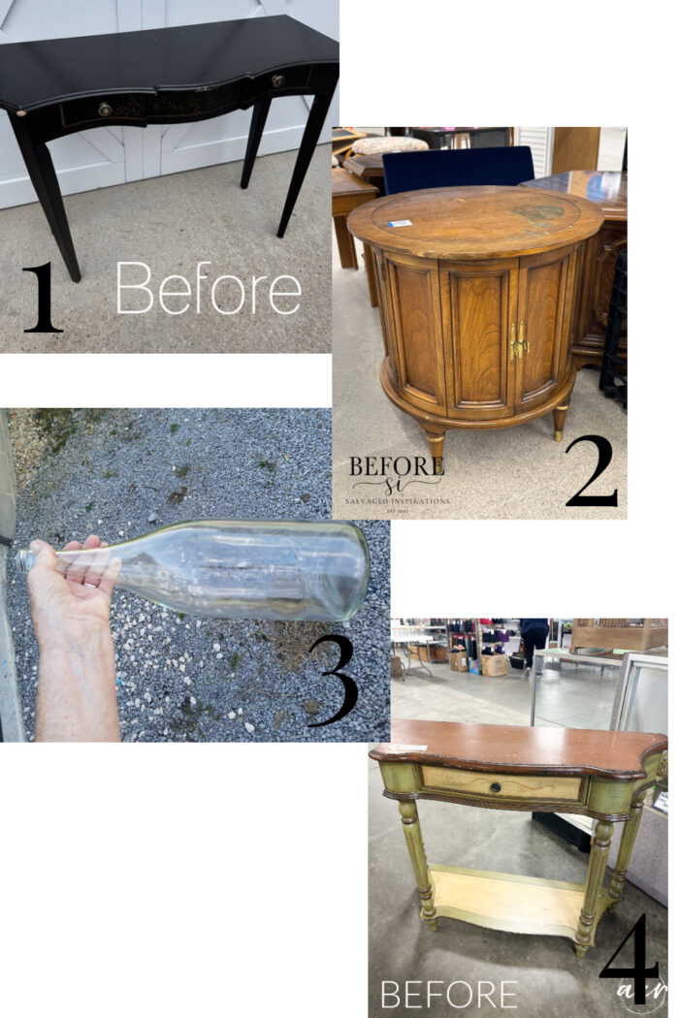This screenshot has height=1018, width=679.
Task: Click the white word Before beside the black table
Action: pos(208,288)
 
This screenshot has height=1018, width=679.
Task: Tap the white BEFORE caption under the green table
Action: pos(448,994)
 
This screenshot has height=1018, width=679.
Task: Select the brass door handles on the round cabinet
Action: pos(519,341)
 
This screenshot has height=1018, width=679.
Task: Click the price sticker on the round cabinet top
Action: pos(399,223)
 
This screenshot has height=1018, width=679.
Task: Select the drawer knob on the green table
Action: pos(496,786)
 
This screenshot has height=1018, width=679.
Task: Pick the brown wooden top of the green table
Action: pos(514,745)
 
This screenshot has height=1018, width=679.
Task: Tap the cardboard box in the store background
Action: pos(495,664)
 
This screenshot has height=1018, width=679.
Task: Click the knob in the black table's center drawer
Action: pos(105,110)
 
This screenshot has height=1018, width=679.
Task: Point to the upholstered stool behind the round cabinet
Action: pos(388,145)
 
